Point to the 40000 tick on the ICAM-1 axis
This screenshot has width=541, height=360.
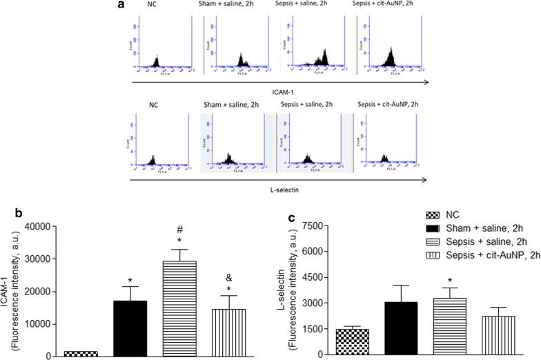(61, 226)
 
